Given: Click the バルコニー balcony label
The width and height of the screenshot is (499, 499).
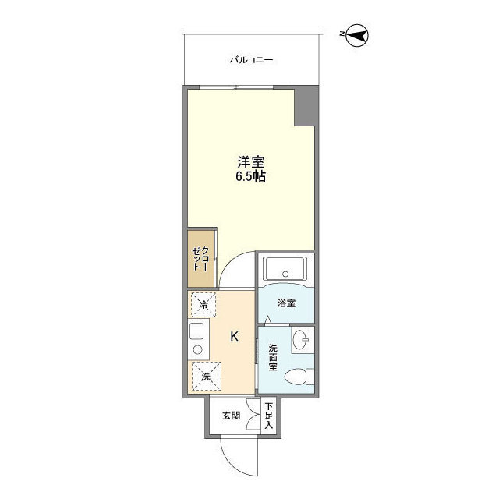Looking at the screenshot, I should click(x=251, y=59).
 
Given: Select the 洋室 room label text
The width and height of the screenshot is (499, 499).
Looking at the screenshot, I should click(x=251, y=162).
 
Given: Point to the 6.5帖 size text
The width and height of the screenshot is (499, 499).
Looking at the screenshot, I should click(x=251, y=178).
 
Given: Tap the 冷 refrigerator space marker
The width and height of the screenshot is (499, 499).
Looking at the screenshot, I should click(x=205, y=304).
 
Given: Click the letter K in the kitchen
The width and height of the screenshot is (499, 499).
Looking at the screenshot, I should click(x=234, y=337).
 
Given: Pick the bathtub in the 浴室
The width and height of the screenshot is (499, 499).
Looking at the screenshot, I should click(x=285, y=270).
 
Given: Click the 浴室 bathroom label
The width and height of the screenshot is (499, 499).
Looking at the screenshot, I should click(x=286, y=303).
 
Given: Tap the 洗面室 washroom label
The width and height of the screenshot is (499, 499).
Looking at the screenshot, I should click(x=274, y=358).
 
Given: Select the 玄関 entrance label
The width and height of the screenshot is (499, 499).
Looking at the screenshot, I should click(x=231, y=416).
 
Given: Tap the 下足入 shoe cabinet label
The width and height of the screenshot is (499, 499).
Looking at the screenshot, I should click(x=269, y=415).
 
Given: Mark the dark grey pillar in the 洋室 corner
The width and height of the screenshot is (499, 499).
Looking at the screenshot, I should click(x=306, y=106).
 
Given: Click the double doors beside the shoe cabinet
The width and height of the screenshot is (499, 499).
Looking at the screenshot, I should click(x=252, y=416).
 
